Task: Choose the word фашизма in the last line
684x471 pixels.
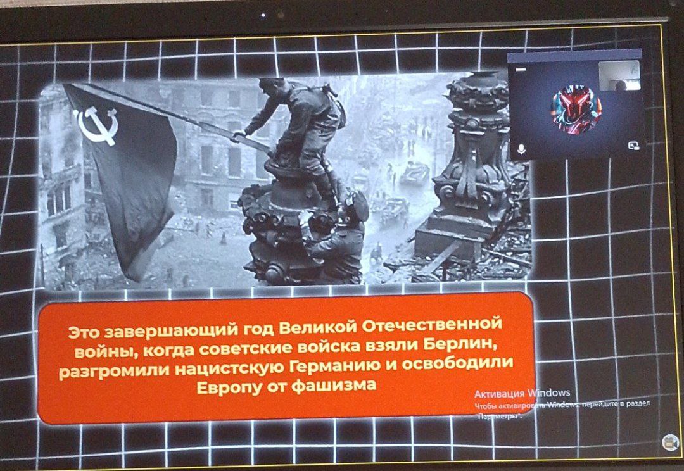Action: point(333,386)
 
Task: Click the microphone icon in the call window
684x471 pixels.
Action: point(521,149)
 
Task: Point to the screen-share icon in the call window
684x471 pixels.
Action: point(633,146)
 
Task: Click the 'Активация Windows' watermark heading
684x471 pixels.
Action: point(522,393)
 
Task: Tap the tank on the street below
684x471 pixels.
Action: point(414,173)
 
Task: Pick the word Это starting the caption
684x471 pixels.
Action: point(84,334)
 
